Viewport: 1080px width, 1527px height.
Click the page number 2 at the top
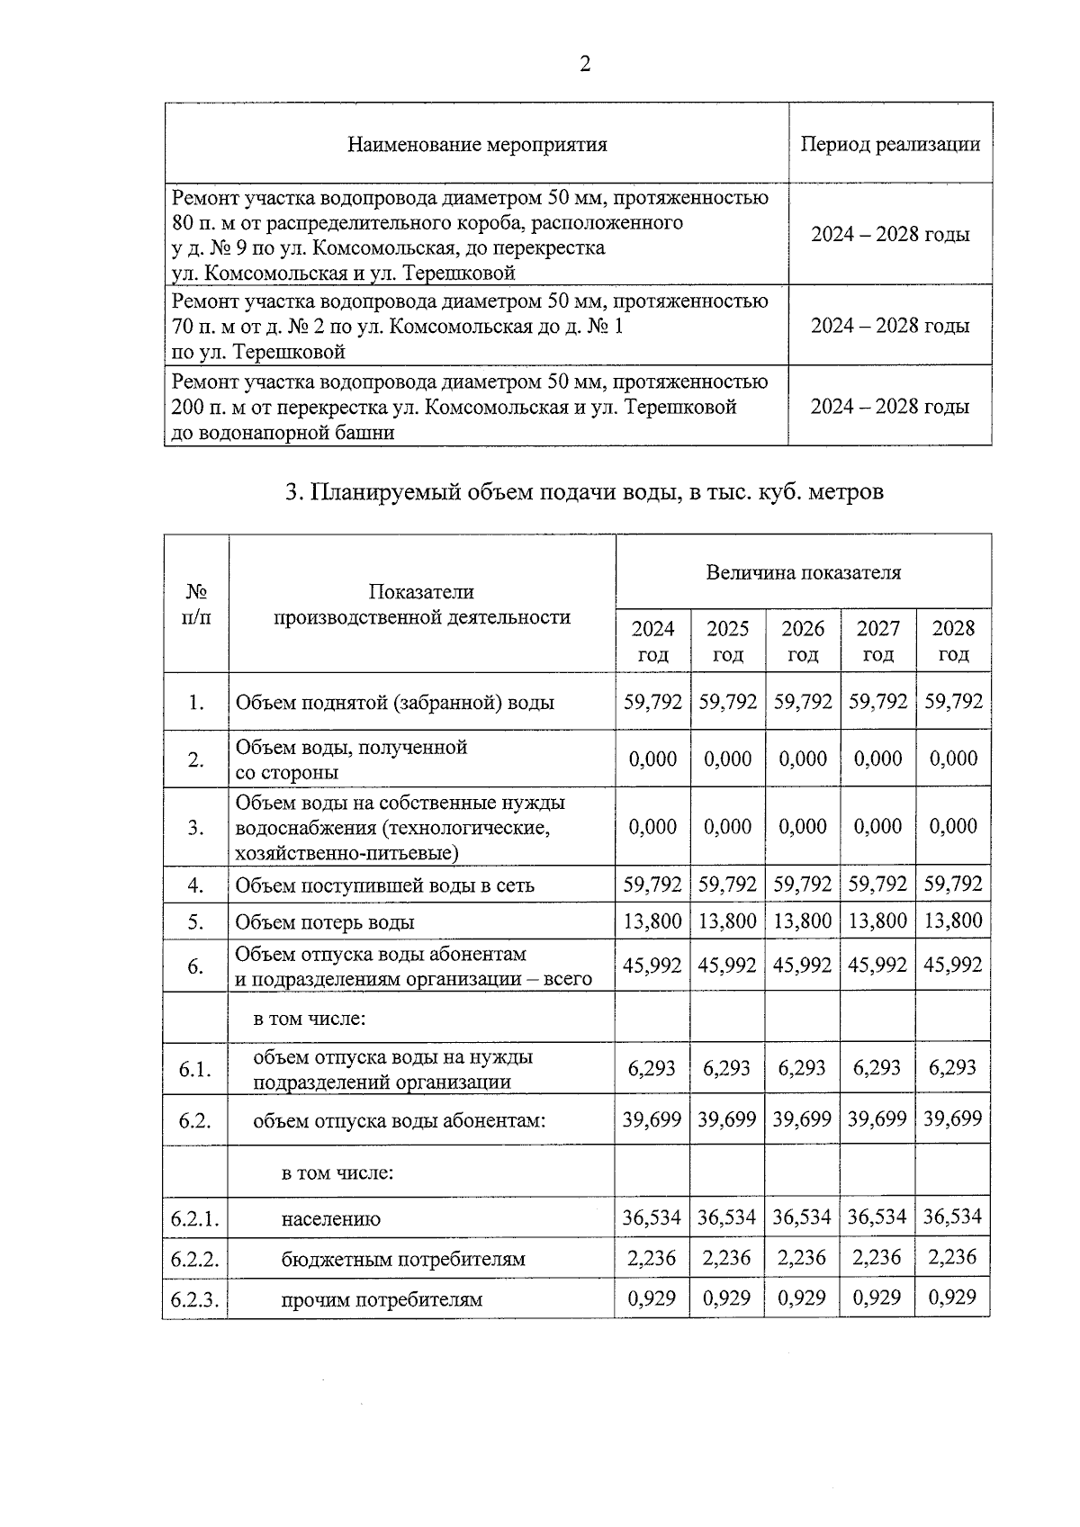coord(585,64)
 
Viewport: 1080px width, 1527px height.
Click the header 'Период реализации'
coord(890,144)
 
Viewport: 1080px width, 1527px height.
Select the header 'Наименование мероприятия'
coord(477,144)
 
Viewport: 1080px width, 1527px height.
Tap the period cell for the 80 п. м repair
coord(890,235)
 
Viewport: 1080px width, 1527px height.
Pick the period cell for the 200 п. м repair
coord(890,407)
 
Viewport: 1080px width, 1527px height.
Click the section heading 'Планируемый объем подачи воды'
coord(584,492)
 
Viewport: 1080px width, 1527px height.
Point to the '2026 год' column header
coord(803,641)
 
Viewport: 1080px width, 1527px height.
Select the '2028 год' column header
coord(953,641)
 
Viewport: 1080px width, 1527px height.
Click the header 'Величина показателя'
coord(803,572)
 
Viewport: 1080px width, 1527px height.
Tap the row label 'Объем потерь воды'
coord(325,922)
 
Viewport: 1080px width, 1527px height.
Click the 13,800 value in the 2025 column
coord(727,921)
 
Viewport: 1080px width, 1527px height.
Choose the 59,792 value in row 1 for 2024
coord(652,701)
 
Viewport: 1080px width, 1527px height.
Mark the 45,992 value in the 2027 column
coord(877,965)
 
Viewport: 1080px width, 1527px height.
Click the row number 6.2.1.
coord(195,1219)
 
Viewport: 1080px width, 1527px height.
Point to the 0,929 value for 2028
coord(953,1298)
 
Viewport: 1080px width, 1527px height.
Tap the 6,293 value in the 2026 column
coord(803,1068)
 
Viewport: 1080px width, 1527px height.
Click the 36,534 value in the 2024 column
coord(652,1217)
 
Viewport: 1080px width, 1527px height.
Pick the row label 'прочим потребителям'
coord(382,1299)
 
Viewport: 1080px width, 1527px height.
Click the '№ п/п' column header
coord(196,605)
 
